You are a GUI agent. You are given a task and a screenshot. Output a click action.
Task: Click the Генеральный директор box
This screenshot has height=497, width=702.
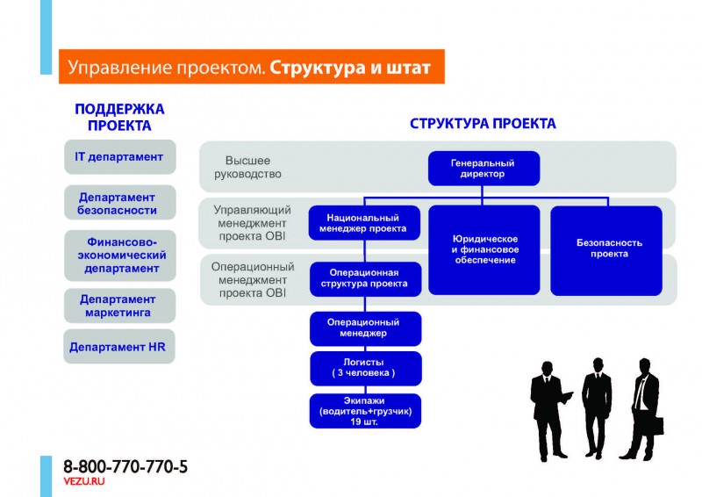[x=484, y=169]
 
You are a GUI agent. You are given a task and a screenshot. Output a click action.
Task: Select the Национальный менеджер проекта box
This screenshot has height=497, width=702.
[x=365, y=223]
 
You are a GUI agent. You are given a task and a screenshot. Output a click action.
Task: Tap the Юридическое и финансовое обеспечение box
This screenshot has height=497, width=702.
[x=484, y=249]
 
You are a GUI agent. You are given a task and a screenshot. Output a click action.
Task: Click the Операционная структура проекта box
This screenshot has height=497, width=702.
[x=365, y=278]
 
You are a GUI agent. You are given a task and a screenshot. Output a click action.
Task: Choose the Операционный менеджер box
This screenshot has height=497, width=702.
[x=365, y=328]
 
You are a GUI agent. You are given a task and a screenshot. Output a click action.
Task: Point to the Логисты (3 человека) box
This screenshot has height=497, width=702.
[x=365, y=368]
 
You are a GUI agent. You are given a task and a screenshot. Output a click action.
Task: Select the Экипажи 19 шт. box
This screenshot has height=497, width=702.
[x=365, y=411]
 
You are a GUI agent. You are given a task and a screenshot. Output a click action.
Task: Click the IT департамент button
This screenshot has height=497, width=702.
[x=119, y=157]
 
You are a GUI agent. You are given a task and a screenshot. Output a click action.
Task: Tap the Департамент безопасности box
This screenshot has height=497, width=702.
[x=119, y=204]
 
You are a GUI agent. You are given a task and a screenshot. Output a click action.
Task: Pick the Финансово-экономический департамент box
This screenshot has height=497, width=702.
[x=119, y=255]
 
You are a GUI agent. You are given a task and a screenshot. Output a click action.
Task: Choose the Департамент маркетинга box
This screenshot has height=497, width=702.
[x=119, y=306]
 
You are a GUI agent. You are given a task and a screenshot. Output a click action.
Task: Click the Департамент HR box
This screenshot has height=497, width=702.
[x=119, y=347]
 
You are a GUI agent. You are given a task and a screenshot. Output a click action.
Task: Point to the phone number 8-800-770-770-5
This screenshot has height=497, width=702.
[x=125, y=467]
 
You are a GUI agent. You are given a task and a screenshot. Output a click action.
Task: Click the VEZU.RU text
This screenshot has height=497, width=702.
[x=84, y=483]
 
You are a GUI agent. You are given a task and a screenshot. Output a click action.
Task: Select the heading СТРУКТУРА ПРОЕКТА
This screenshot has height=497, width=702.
[x=483, y=124]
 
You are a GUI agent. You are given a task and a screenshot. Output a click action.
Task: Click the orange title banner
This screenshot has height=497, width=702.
[x=251, y=67]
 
